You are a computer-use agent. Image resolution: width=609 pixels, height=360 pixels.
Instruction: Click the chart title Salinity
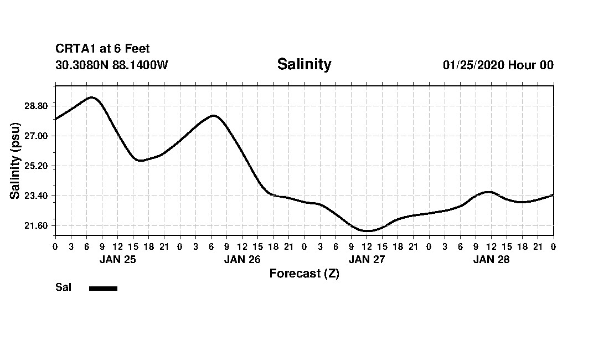pyautogui.click(x=304, y=64)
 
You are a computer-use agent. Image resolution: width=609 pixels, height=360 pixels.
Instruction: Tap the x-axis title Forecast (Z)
pyautogui.click(x=304, y=273)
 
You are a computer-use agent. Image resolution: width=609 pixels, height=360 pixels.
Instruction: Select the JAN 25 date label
pyautogui.click(x=117, y=260)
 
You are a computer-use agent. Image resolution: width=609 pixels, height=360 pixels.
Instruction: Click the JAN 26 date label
pyautogui.click(x=242, y=260)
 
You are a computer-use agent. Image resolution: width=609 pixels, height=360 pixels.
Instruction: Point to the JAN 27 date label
pyautogui.click(x=367, y=260)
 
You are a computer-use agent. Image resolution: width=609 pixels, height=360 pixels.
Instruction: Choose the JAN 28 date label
pyautogui.click(x=491, y=260)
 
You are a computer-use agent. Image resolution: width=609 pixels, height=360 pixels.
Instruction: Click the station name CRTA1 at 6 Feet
pyautogui.click(x=102, y=49)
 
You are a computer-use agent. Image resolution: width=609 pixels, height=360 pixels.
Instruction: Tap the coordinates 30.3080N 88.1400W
pyautogui.click(x=112, y=65)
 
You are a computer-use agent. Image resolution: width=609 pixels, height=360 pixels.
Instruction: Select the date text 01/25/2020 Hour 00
pyautogui.click(x=498, y=65)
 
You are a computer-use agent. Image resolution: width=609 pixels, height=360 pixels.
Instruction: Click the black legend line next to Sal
pyautogui.click(x=103, y=288)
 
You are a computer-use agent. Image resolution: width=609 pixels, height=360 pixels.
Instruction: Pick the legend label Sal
pyautogui.click(x=63, y=287)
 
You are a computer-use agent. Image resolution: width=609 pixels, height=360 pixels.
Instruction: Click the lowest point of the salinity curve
pyautogui.click(x=367, y=230)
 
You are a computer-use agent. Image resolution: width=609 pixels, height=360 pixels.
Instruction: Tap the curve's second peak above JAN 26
pyautogui.click(x=214, y=115)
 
